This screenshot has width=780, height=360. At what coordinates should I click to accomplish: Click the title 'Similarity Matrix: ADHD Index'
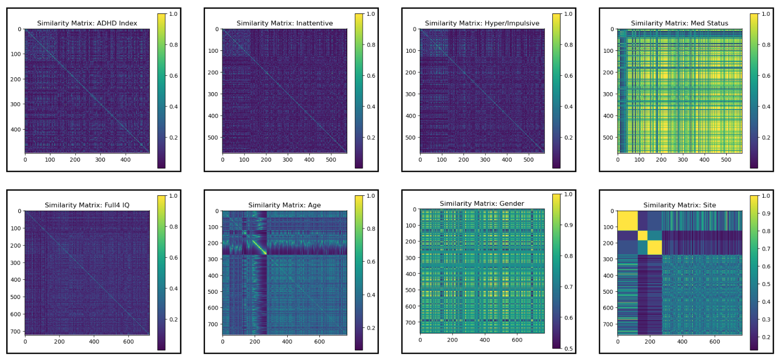point(87,23)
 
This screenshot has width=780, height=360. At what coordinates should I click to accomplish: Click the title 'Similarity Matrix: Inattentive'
point(284,23)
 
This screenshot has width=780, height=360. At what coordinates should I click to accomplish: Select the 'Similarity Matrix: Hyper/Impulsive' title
point(482,23)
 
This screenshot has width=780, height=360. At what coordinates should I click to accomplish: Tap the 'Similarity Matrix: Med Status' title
point(679,23)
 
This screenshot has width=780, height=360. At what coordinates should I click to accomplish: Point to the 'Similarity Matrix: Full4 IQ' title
point(87,205)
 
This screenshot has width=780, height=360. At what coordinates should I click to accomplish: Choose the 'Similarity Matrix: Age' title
point(284,205)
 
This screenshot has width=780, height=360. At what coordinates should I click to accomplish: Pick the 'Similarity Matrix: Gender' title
point(482,204)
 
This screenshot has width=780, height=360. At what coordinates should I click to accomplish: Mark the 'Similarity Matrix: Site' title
point(679,205)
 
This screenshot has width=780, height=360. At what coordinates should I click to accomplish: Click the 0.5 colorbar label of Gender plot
point(568,348)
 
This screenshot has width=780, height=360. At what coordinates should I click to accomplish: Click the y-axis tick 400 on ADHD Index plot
point(16,130)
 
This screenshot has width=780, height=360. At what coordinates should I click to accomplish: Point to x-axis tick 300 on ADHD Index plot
point(100,160)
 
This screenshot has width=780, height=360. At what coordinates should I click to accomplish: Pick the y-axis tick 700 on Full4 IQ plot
point(16,332)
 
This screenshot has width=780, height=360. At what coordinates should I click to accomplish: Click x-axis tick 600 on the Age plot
point(319,342)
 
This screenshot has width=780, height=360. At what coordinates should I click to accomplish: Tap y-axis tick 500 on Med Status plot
point(608,138)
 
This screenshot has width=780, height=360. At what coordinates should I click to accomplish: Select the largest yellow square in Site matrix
point(627,221)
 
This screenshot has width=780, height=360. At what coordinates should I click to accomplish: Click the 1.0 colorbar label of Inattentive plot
point(371,14)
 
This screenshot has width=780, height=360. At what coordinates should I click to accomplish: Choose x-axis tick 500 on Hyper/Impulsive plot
point(528,160)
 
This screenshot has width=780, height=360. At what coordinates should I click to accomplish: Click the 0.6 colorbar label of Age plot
point(371,262)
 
